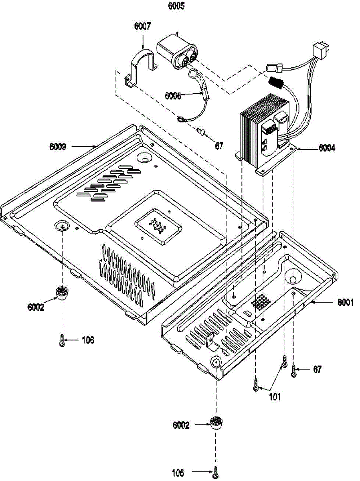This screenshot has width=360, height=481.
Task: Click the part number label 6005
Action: tap(176, 7)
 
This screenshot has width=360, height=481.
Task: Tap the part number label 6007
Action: tap(142, 26)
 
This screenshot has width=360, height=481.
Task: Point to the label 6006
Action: tap(173, 95)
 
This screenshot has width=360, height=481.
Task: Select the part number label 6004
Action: tap(327, 148)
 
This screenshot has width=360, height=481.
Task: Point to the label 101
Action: tap(275, 397)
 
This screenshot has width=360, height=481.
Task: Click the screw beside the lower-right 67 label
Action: tap(293, 370)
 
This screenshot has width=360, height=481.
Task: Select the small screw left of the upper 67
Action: tap(202, 131)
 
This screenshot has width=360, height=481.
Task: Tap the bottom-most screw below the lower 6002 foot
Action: tap(216, 473)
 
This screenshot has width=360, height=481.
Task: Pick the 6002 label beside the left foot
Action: tap(36, 307)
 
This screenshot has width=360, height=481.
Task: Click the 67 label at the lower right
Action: tap(317, 370)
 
